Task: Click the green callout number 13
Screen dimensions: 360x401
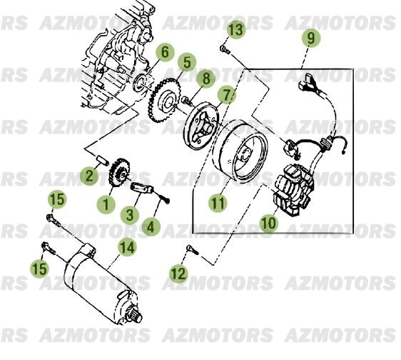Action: click(235, 29)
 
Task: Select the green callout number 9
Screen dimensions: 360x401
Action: click(310, 38)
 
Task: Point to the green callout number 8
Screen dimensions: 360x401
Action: click(205, 78)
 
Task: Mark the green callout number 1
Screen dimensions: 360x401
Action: click(106, 204)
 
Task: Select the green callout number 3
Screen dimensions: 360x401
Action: click(130, 214)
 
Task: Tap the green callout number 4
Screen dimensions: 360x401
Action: click(151, 228)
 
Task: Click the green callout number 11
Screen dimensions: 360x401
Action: click(218, 203)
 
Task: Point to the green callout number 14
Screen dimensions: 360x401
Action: click(127, 248)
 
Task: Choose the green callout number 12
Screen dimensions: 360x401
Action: click(178, 272)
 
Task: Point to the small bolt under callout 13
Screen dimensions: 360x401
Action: click(223, 49)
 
